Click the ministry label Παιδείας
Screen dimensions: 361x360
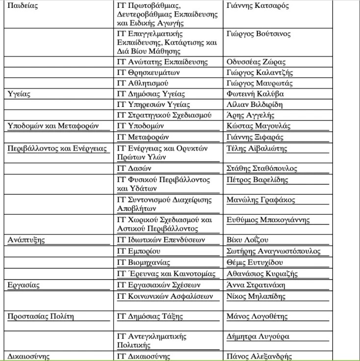23,6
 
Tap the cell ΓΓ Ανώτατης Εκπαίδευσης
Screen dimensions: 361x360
162,62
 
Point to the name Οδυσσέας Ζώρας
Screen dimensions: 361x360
256,62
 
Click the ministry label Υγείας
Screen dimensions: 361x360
20,94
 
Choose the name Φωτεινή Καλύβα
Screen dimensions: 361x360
255,94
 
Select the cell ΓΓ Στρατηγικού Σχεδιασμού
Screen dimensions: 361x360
164,115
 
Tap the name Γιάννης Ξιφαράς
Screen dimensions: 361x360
255,137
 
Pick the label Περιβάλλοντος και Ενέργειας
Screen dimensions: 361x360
58,148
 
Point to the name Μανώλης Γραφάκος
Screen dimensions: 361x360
261,200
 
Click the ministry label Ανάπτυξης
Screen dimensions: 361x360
26,240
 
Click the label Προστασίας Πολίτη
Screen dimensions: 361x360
41,316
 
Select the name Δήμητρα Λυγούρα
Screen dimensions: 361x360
258,336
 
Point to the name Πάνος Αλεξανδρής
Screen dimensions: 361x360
259,357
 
